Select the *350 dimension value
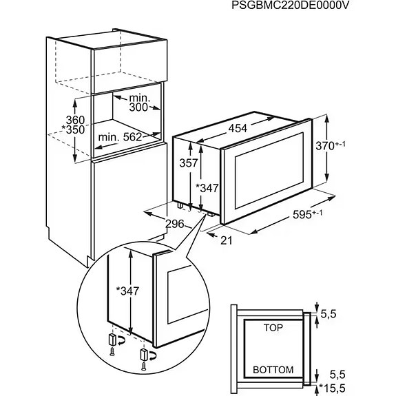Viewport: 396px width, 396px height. coord(83,130)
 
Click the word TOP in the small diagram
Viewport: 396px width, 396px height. coord(273,329)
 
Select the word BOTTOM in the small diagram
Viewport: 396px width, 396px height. coord(273,369)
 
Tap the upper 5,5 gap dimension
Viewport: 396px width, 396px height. coord(338,314)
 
